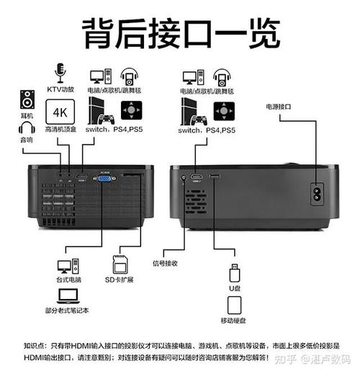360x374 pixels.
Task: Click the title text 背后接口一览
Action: (179, 33)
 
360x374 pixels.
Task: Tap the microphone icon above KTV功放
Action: (61, 72)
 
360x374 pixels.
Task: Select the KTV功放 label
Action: (61, 89)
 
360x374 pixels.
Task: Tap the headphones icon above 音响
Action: (27, 128)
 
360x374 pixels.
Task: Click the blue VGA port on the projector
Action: (105, 179)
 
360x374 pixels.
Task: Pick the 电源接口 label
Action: (279, 106)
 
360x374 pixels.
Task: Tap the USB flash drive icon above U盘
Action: (233, 274)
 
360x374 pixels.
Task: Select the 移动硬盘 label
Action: (233, 320)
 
